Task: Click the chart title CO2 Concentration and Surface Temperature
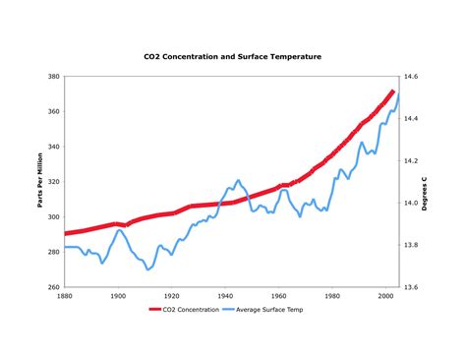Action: [232, 56]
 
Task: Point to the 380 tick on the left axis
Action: [54, 76]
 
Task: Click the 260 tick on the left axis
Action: [54, 287]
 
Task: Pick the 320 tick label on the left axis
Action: [54, 182]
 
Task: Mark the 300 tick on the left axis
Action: [54, 217]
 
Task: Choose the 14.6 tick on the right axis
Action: [410, 76]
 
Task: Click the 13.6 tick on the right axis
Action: [410, 287]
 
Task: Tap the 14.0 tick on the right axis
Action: [410, 203]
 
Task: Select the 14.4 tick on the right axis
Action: [410, 118]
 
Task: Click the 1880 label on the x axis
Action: [65, 296]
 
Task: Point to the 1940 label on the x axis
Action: [226, 296]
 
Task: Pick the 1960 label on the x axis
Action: [280, 296]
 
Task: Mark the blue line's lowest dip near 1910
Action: [148, 269]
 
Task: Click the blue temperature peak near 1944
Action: [238, 181]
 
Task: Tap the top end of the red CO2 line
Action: [393, 91]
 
